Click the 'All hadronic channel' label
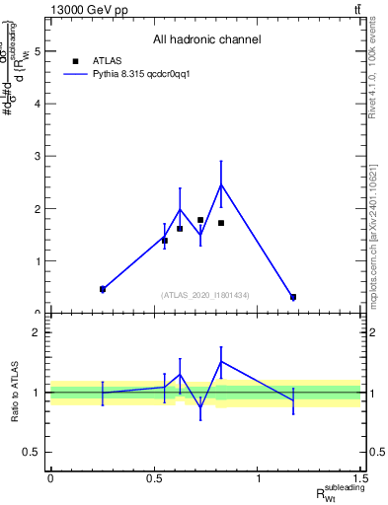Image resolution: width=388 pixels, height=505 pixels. pyautogui.click(x=206, y=40)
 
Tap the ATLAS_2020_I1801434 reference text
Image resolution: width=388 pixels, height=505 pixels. pyautogui.click(x=205, y=295)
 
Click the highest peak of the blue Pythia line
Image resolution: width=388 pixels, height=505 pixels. pyautogui.click(x=221, y=184)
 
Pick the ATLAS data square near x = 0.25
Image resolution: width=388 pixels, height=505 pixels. pyautogui.click(x=103, y=289)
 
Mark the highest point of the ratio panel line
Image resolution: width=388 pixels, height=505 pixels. pyautogui.click(x=221, y=361)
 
